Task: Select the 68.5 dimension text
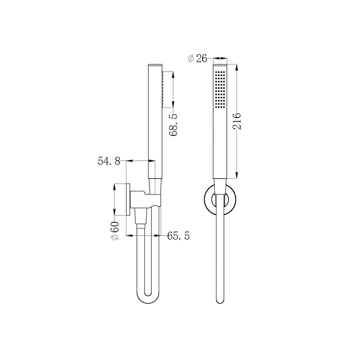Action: [x=173, y=124]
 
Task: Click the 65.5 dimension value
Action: [x=178, y=236]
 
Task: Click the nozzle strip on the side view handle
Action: [x=162, y=90]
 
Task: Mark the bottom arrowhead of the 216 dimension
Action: [x=237, y=177]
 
